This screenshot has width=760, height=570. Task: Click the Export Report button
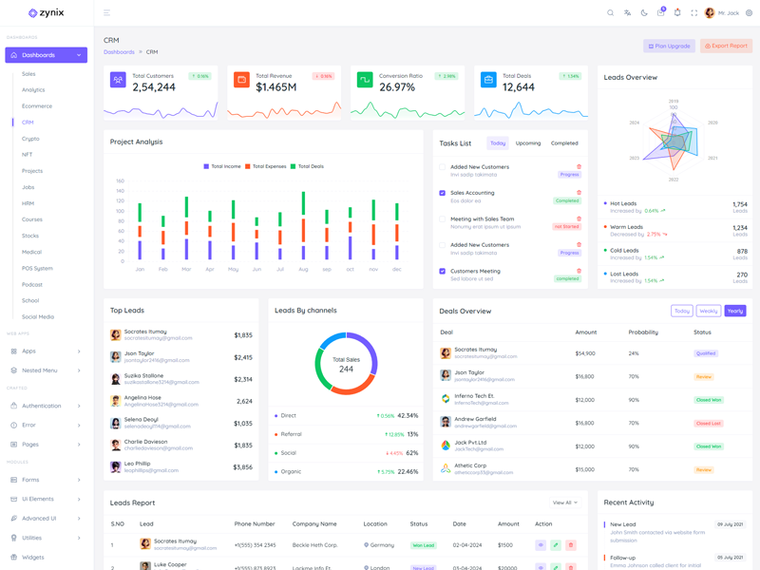[x=726, y=46]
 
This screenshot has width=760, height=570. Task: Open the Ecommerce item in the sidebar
[x=37, y=105]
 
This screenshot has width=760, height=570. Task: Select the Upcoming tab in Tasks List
[x=528, y=143]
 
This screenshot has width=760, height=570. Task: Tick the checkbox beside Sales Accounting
[x=442, y=193]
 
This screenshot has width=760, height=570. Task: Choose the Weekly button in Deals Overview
[x=708, y=311]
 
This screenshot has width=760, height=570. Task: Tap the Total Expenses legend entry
[x=266, y=166]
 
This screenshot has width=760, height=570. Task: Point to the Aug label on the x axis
[x=303, y=269]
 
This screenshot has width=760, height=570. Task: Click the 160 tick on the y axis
[x=120, y=180]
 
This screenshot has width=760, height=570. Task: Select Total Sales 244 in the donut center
[x=346, y=365]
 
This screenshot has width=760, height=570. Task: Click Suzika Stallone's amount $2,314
[x=243, y=379]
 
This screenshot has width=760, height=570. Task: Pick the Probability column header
[x=642, y=332]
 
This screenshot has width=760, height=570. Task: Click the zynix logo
[x=46, y=13]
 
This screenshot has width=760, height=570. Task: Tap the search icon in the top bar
[x=610, y=13]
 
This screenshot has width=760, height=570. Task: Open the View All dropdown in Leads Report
[x=564, y=503]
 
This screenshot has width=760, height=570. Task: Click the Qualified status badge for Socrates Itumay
[x=705, y=353]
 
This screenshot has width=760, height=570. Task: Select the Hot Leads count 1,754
[x=739, y=204]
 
